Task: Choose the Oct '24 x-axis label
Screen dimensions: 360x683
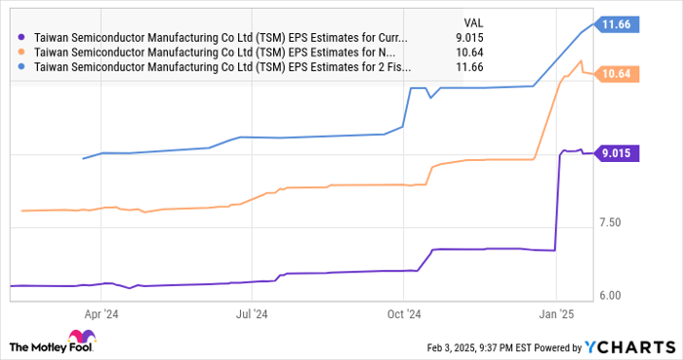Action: click(x=403, y=314)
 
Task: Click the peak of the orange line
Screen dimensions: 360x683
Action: click(x=582, y=60)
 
